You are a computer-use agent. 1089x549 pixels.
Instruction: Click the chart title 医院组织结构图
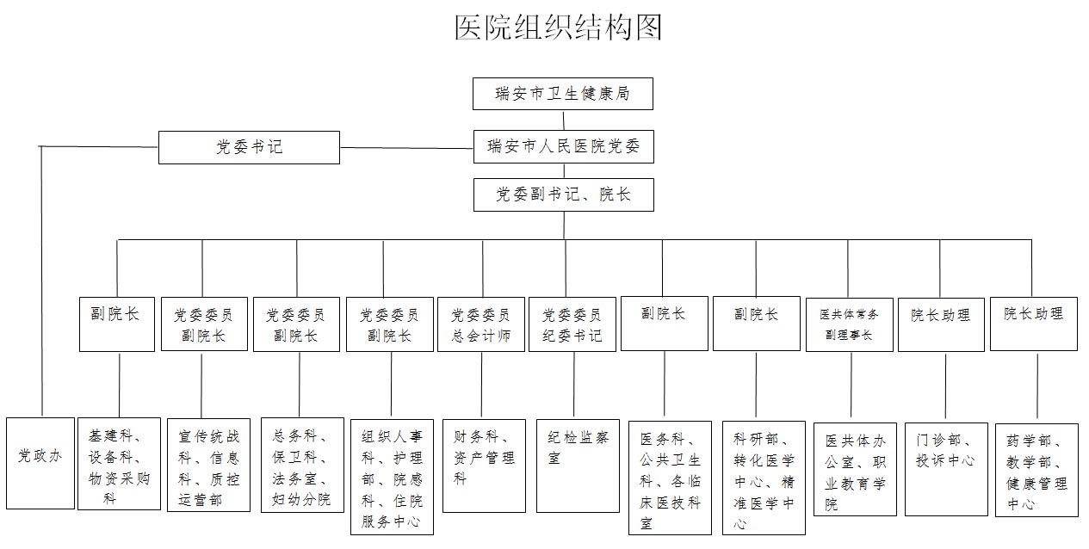[x=558, y=28]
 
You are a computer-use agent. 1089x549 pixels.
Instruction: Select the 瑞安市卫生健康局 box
[x=562, y=94]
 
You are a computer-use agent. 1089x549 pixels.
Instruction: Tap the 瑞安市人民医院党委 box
[x=564, y=146]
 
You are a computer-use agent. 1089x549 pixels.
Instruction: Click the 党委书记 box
[x=249, y=147]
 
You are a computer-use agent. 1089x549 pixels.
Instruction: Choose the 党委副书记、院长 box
[x=564, y=194]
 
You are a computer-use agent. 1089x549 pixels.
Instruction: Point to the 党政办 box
[x=40, y=463]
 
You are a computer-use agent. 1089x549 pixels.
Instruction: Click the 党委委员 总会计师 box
[x=481, y=324]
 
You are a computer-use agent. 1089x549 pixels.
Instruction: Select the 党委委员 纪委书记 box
[x=572, y=324]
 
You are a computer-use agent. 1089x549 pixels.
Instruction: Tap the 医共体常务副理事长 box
[x=850, y=324]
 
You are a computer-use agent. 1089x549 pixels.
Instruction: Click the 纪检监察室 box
[x=578, y=466]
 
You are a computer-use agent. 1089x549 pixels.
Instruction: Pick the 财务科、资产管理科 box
[x=484, y=466]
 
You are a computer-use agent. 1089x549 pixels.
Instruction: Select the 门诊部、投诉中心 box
[x=946, y=469]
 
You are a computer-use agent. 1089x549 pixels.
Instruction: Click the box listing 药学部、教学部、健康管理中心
[x=1036, y=470]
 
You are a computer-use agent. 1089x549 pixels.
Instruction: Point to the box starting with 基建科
[x=119, y=464]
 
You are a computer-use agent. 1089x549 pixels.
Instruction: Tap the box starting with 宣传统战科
[x=208, y=465]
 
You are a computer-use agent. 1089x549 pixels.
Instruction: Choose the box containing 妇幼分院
[x=302, y=465]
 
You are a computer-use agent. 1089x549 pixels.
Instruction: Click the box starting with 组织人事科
[x=392, y=477]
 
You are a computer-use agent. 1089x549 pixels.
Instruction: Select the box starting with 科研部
[x=764, y=478]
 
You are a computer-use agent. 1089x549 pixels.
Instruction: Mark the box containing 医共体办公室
[x=855, y=469]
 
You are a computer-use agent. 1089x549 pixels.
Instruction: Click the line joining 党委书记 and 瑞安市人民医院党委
[x=406, y=148]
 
